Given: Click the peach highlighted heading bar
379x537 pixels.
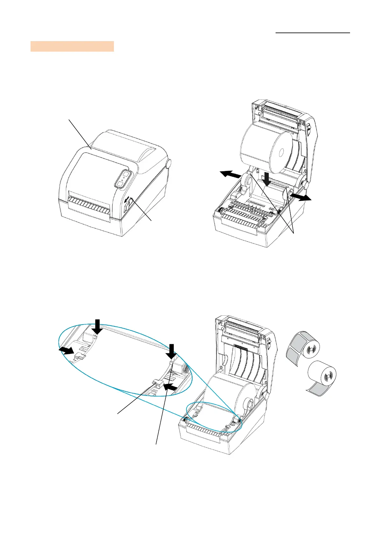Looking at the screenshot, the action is tap(72, 46).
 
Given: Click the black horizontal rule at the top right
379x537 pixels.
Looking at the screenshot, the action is tap(312, 33).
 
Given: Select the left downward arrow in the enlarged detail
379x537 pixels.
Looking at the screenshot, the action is tap(97, 327).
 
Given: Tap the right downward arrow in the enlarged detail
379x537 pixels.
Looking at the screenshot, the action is tap(172, 351).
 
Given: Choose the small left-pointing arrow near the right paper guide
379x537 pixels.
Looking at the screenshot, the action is tap(169, 387).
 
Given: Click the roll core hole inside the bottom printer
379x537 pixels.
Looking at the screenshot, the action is tap(248, 405).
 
